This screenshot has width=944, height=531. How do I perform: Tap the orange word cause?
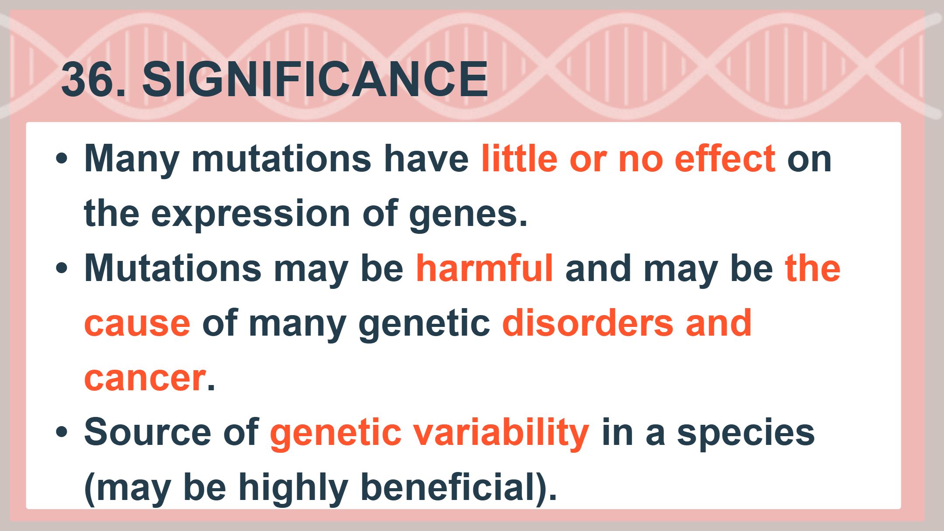(x=137, y=324)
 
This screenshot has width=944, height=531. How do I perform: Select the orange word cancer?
(x=145, y=378)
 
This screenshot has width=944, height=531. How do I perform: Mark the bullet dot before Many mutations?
(x=62, y=159)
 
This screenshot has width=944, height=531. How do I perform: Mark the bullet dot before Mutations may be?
(x=62, y=268)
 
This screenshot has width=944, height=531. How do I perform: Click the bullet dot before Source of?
(x=62, y=432)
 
